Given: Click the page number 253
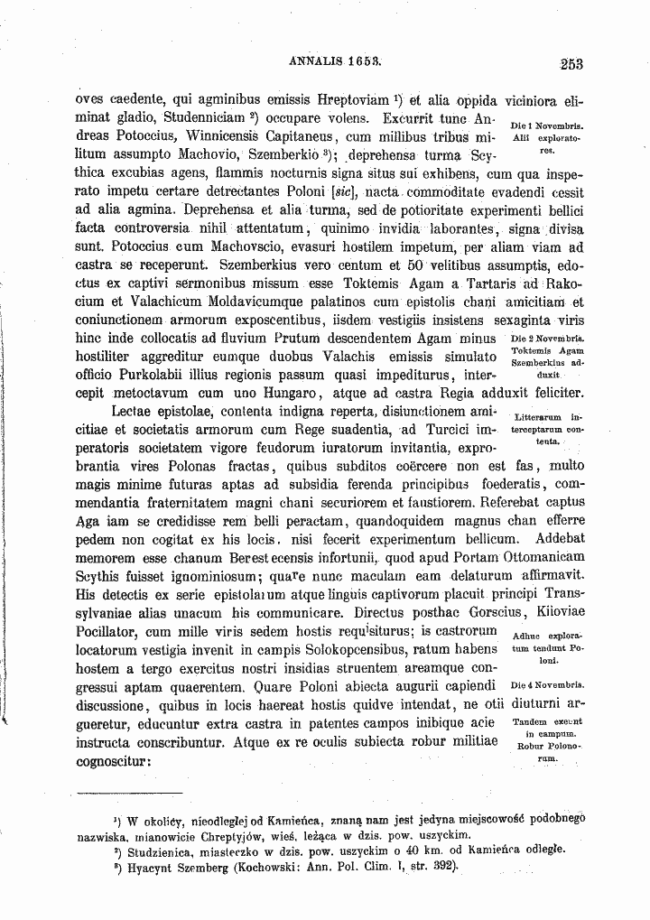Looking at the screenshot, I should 571,63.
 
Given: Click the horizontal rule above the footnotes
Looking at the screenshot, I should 117,795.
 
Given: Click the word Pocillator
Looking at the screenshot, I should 114,629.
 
